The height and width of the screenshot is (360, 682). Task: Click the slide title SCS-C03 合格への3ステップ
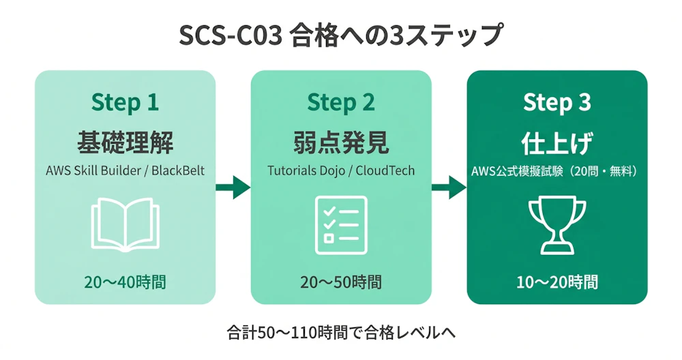tap(341, 35)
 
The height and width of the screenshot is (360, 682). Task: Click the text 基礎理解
tap(125, 143)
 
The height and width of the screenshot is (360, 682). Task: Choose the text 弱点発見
tap(341, 143)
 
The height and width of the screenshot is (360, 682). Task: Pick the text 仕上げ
tap(557, 143)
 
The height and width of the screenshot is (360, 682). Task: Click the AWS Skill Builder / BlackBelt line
tap(125, 170)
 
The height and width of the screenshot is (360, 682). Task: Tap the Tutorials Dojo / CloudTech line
tap(341, 170)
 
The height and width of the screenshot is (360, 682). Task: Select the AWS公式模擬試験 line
tap(557, 170)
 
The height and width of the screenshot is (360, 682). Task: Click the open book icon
tap(125, 224)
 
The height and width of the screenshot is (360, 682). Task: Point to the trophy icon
tap(557, 224)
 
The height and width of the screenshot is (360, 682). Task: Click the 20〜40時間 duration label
tap(125, 282)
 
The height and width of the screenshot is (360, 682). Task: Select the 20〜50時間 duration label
tap(341, 282)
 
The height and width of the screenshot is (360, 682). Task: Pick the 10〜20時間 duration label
tap(557, 282)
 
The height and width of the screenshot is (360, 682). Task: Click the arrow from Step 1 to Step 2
tap(233, 186)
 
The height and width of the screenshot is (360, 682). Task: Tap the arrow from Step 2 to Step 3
tap(449, 186)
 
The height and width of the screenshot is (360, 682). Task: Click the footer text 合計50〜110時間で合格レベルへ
tap(341, 333)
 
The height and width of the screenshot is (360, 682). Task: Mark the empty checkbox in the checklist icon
tap(329, 238)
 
